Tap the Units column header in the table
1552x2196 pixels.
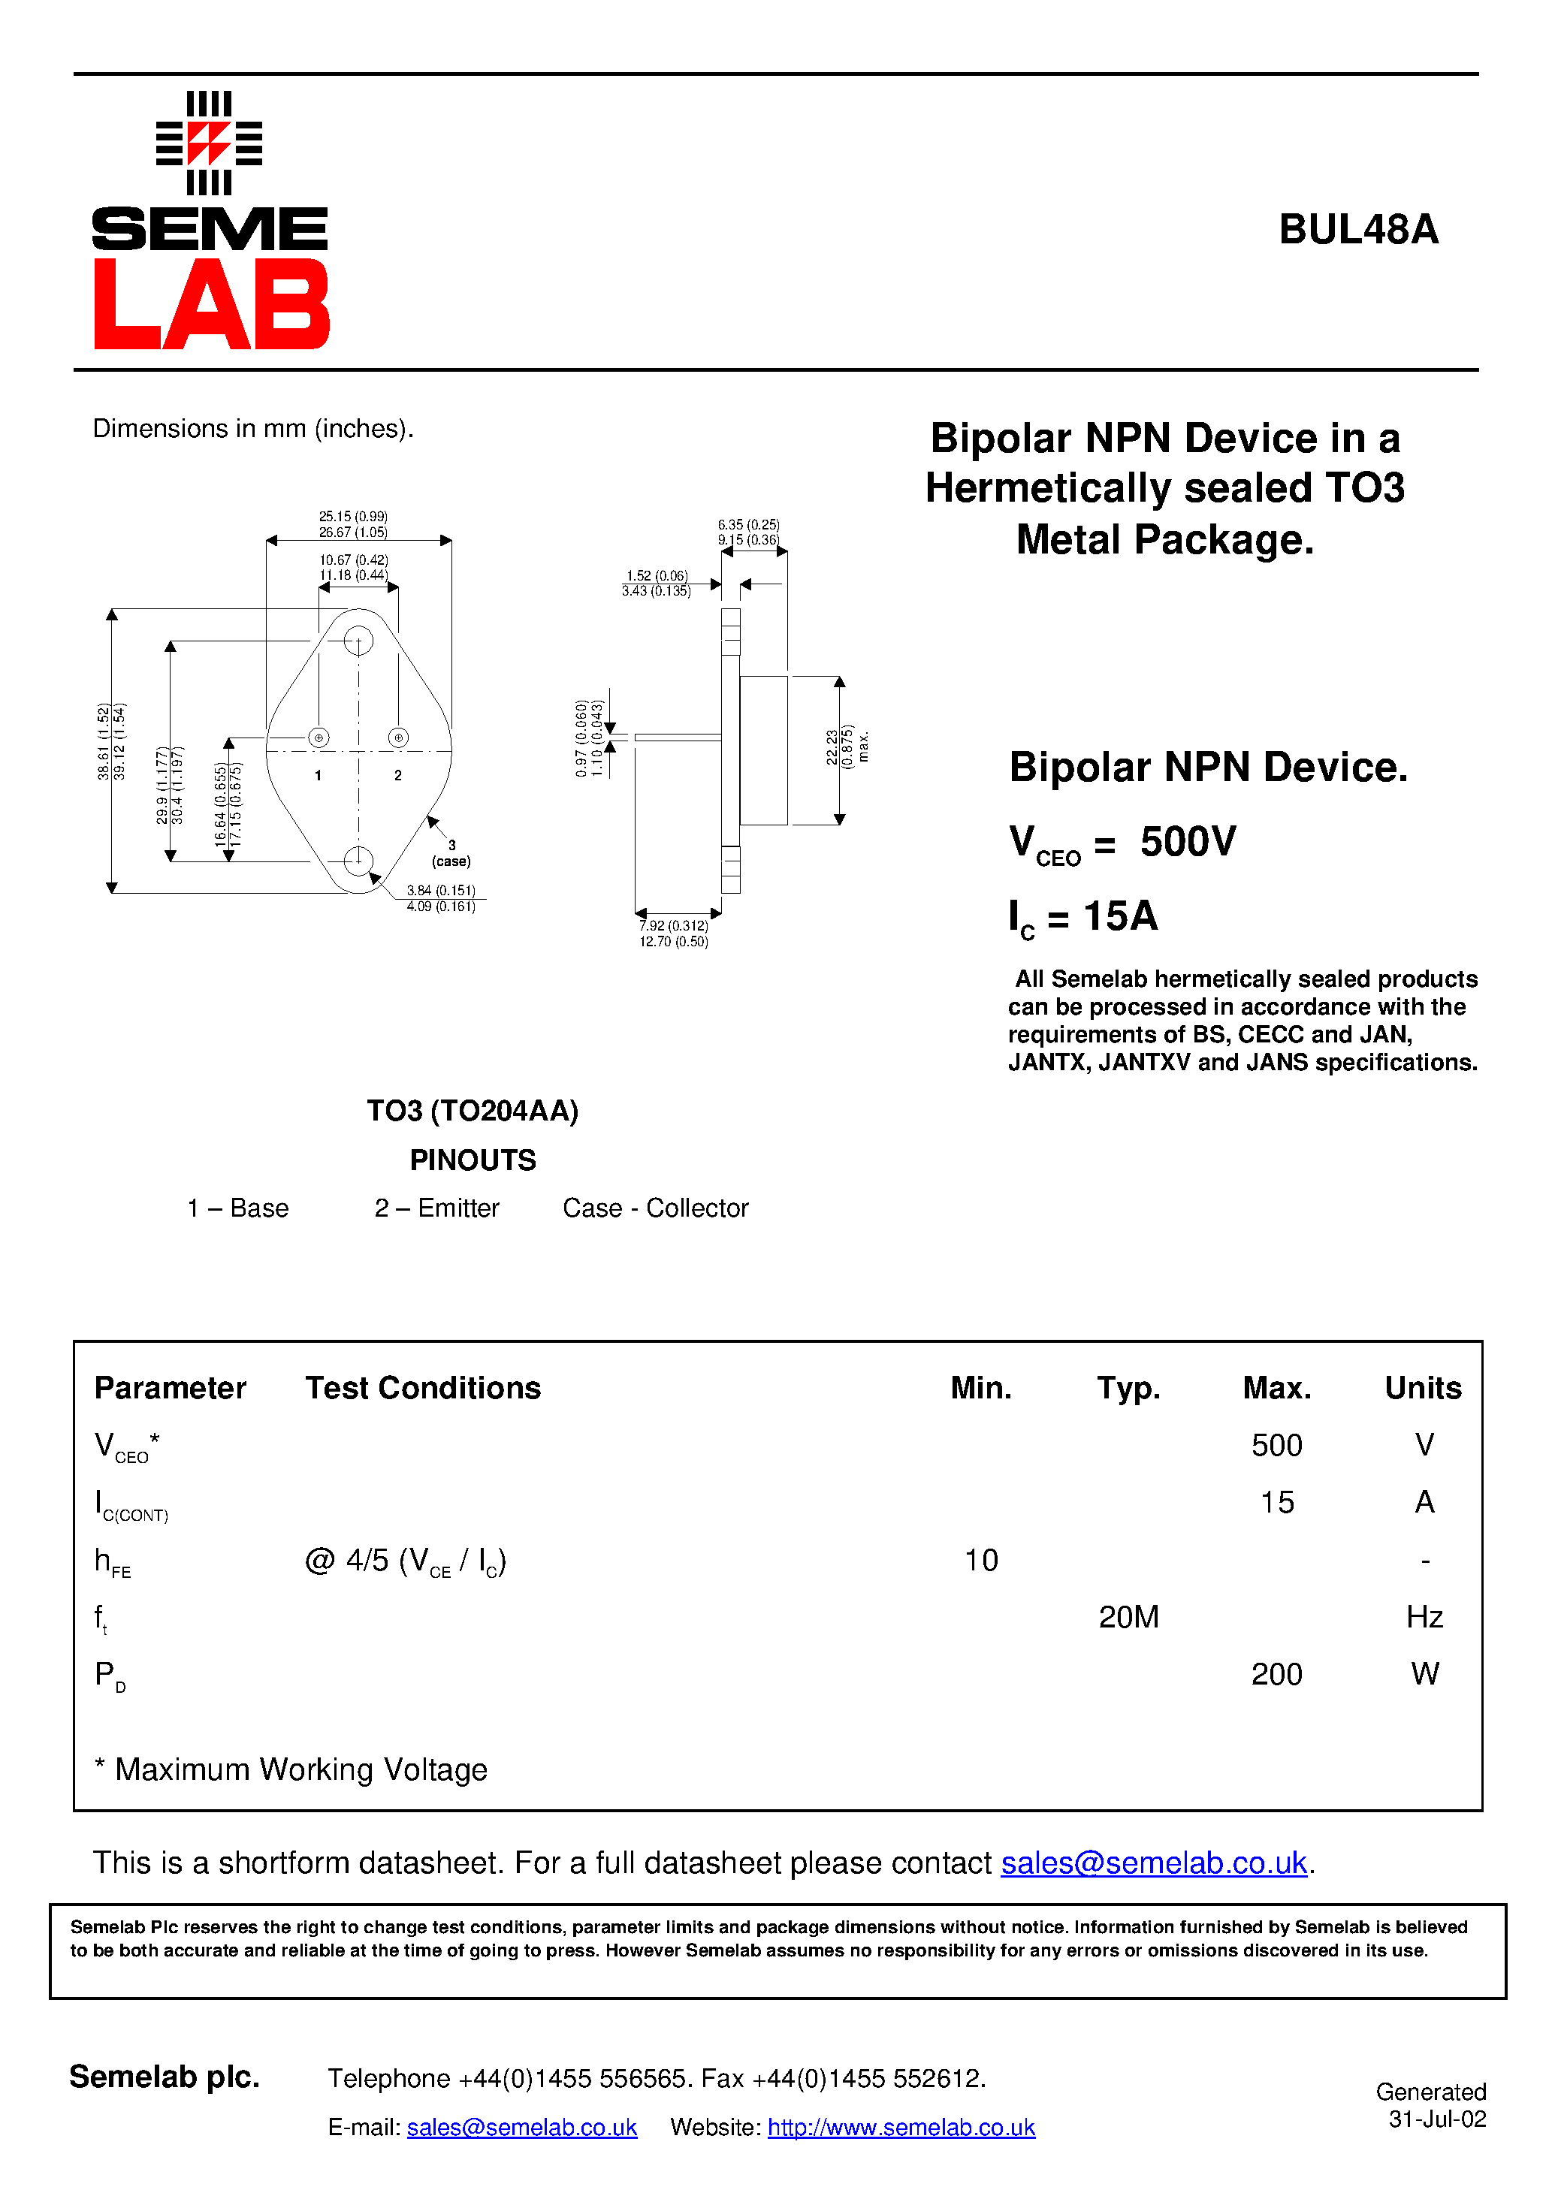1422,1388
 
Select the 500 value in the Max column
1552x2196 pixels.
1276,1445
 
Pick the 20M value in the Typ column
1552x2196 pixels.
1128,1618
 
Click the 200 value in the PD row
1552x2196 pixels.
1276,1675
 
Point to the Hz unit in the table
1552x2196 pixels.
1424,1618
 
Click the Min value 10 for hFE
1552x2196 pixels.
981,1560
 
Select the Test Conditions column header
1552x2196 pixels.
423,1388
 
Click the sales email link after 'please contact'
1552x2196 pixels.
1153,1863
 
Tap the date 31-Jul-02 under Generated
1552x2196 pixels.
1436,2119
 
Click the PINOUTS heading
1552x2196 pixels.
473,1160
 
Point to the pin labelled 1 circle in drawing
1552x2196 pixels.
319,738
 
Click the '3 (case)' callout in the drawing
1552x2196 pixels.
451,853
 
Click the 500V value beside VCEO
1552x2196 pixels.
1188,842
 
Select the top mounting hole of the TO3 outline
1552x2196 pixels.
358,640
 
